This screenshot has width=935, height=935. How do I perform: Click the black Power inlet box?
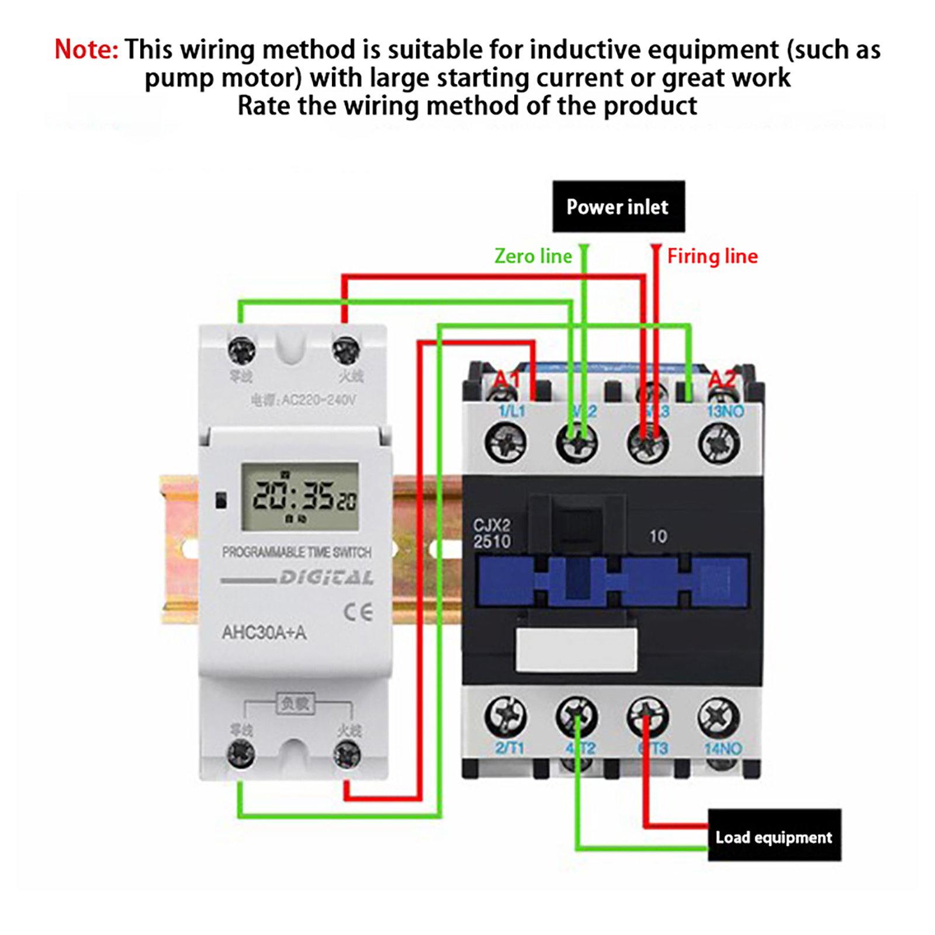pyautogui.click(x=618, y=206)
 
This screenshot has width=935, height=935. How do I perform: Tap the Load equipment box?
pyautogui.click(x=774, y=836)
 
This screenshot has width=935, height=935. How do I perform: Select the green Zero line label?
pyautogui.click(x=533, y=256)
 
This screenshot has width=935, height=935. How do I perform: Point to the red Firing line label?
pyautogui.click(x=712, y=256)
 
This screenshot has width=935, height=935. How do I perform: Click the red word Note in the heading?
pyautogui.click(x=86, y=50)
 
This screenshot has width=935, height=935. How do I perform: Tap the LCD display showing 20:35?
pyautogui.click(x=300, y=497)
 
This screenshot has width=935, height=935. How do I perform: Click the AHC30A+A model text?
pyautogui.click(x=264, y=632)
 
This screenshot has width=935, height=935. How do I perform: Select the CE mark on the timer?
pyautogui.click(x=358, y=612)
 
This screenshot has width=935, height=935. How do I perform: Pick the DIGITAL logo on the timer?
pyautogui.click(x=326, y=578)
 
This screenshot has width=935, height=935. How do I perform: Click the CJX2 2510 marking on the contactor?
pyautogui.click(x=491, y=534)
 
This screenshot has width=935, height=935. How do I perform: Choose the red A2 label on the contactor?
pyautogui.click(x=722, y=380)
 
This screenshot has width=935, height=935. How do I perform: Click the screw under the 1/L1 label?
pyautogui.click(x=505, y=442)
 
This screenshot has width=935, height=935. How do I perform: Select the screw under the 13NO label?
pyautogui.click(x=719, y=442)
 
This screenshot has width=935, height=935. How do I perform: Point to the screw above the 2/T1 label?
pyautogui.click(x=505, y=716)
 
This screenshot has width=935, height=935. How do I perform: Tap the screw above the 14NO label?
pyautogui.click(x=718, y=716)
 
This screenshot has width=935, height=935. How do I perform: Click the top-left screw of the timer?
pyautogui.click(x=241, y=351)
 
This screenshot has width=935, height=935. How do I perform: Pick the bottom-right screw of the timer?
pyautogui.click(x=347, y=754)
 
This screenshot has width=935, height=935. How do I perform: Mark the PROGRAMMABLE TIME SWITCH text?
pyautogui.click(x=296, y=552)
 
